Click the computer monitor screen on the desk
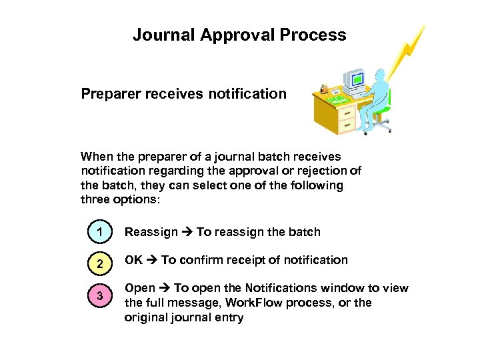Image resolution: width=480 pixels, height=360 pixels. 357,80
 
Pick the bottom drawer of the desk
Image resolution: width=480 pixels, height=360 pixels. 347,125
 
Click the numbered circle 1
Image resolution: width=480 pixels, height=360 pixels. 99,233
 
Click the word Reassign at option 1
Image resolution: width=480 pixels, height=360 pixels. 151,233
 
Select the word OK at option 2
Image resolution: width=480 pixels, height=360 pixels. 133,260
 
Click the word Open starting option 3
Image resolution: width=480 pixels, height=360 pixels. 140,288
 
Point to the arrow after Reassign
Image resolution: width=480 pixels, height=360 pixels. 187,233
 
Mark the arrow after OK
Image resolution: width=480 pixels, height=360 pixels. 152,260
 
